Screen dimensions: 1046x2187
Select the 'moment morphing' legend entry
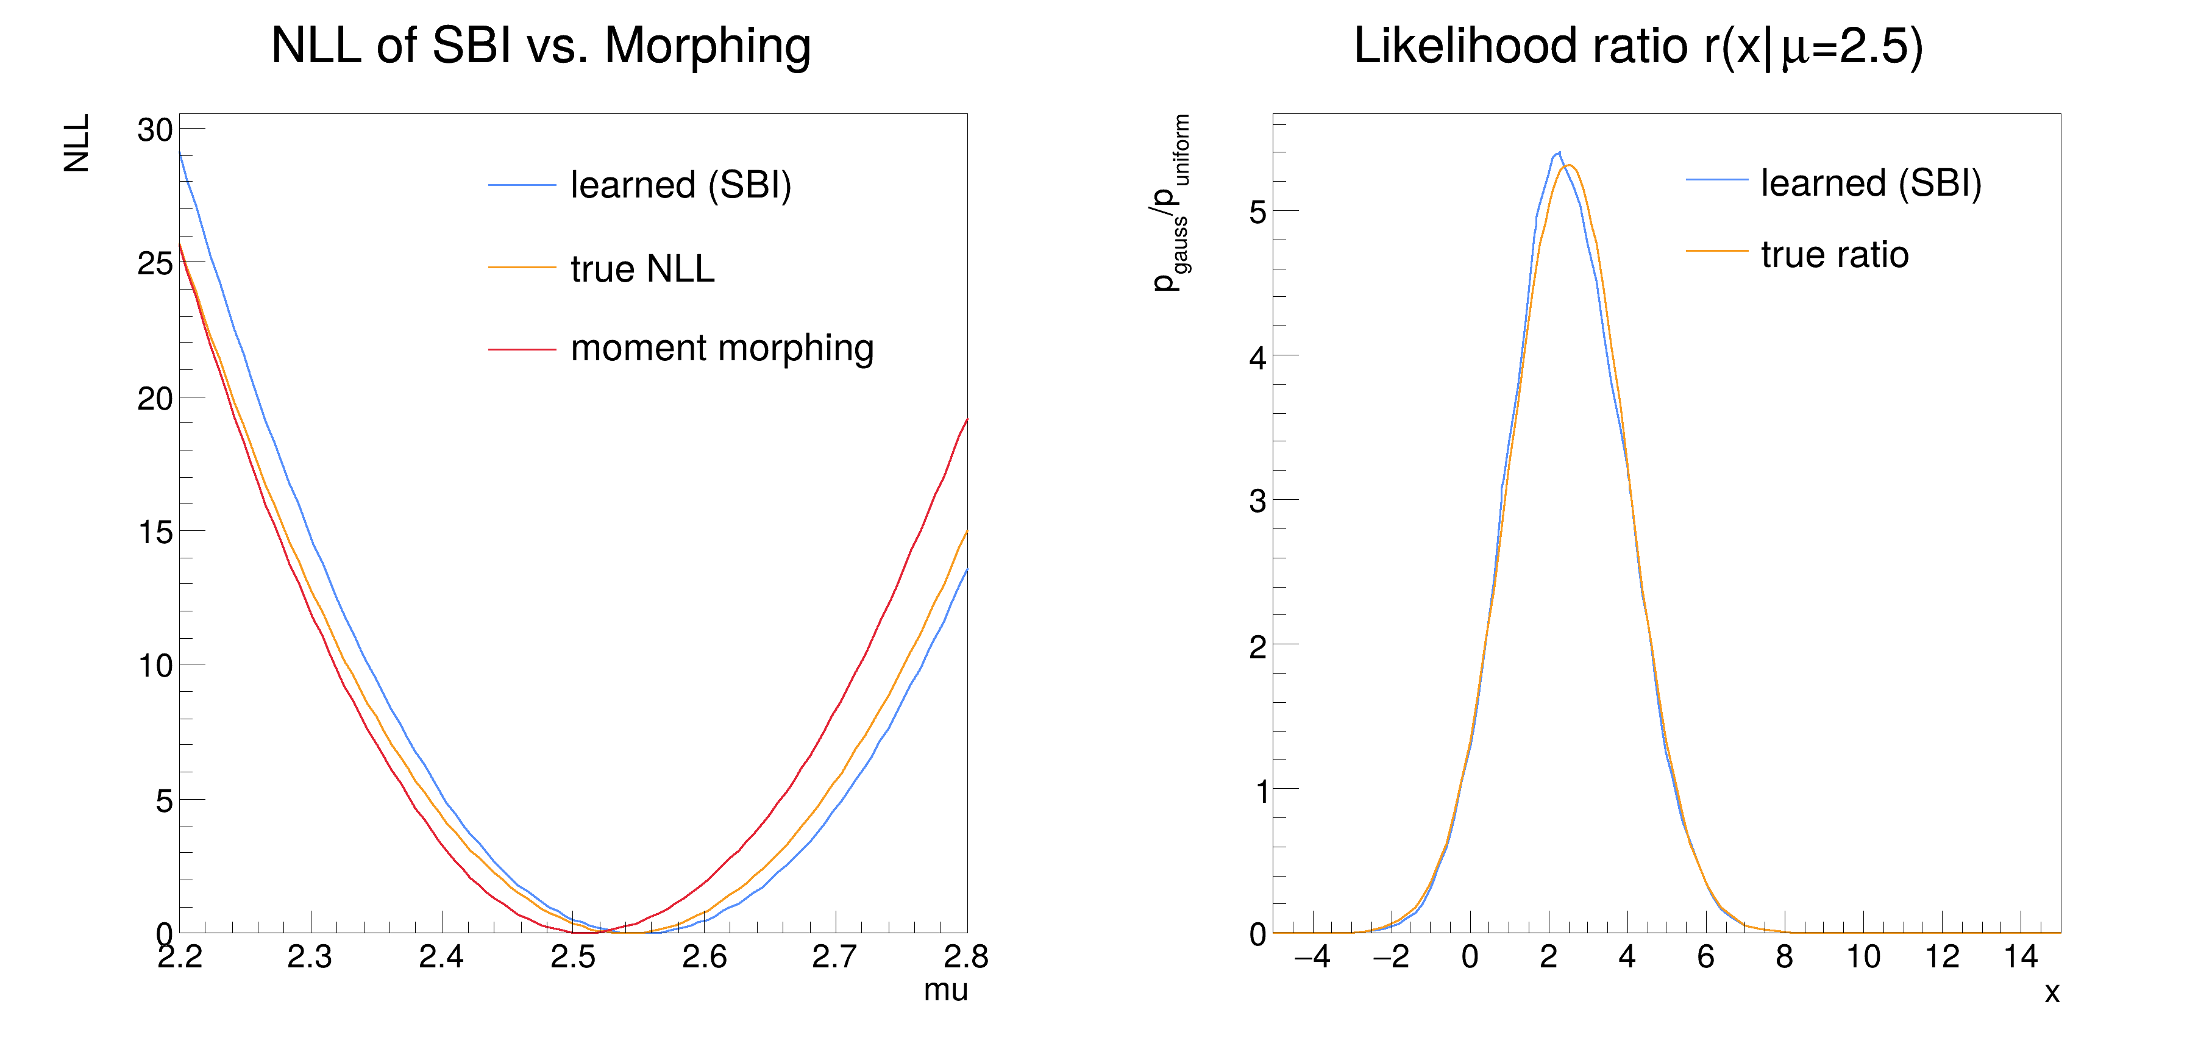(x=722, y=348)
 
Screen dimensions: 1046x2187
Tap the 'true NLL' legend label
(x=642, y=269)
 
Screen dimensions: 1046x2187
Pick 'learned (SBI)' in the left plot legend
(x=680, y=185)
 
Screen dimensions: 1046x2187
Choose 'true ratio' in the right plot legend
(x=1834, y=255)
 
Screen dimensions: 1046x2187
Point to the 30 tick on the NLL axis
(x=155, y=130)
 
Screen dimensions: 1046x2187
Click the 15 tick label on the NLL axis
(x=155, y=532)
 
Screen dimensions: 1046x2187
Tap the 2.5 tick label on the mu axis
(x=573, y=957)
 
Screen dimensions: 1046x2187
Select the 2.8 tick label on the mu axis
(x=965, y=957)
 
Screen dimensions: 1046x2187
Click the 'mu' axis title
(x=945, y=990)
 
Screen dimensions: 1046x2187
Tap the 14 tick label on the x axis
(x=2021, y=957)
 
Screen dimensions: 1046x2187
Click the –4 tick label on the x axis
(x=1312, y=957)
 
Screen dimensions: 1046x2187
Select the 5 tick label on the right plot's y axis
(x=1257, y=212)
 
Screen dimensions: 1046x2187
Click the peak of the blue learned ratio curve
(x=1559, y=153)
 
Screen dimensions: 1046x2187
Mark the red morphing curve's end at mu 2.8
(x=966, y=419)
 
